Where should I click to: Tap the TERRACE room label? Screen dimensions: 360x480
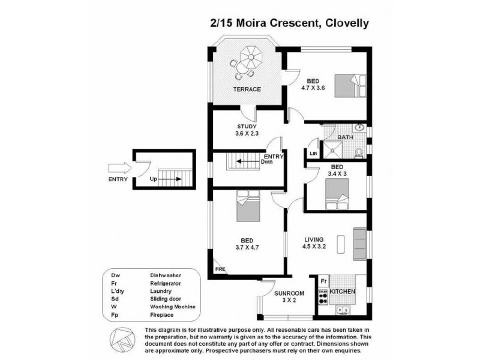pos(247,89)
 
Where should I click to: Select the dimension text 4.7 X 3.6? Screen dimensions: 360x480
pos(313,88)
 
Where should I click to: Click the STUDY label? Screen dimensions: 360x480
pos(247,126)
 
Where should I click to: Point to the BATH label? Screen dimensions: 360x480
pos(345,137)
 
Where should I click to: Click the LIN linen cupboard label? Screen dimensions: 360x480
pos(313,154)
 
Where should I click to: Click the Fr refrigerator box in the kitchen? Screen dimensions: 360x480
pos(323,281)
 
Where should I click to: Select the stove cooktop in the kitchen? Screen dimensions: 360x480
pos(323,294)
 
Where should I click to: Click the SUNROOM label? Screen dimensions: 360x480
pos(289,294)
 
